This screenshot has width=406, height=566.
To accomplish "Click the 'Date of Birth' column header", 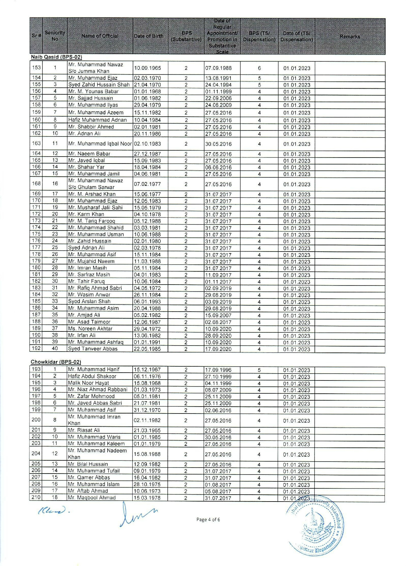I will [x=148, y=36].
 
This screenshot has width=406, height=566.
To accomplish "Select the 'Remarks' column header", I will [x=350, y=36].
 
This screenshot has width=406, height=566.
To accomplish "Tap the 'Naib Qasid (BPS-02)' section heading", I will [x=56, y=57].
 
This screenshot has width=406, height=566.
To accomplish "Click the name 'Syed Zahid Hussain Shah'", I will [x=99, y=85].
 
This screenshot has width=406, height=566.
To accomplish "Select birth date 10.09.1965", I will [x=147, y=68].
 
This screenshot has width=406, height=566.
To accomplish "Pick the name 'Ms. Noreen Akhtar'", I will [x=90, y=329].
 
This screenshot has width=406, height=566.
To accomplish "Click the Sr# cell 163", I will [x=36, y=143].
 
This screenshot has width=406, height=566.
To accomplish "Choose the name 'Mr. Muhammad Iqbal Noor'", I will [x=100, y=144].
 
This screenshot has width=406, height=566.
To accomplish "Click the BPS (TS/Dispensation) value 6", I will [x=259, y=68].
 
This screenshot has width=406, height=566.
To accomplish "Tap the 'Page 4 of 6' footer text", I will [x=208, y=519].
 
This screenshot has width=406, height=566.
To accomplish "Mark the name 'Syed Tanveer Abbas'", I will [x=93, y=349].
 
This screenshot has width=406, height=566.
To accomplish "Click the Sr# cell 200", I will [x=36, y=420].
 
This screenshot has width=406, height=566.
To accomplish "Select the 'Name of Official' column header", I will [x=100, y=36].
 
